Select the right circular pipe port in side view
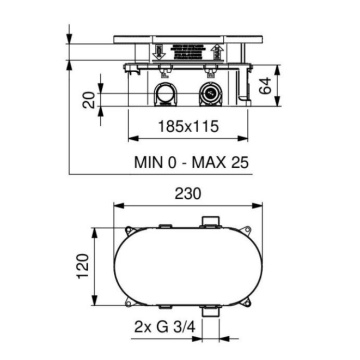pyautogui.click(x=212, y=96)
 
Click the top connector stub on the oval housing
pyautogui.click(x=211, y=220)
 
